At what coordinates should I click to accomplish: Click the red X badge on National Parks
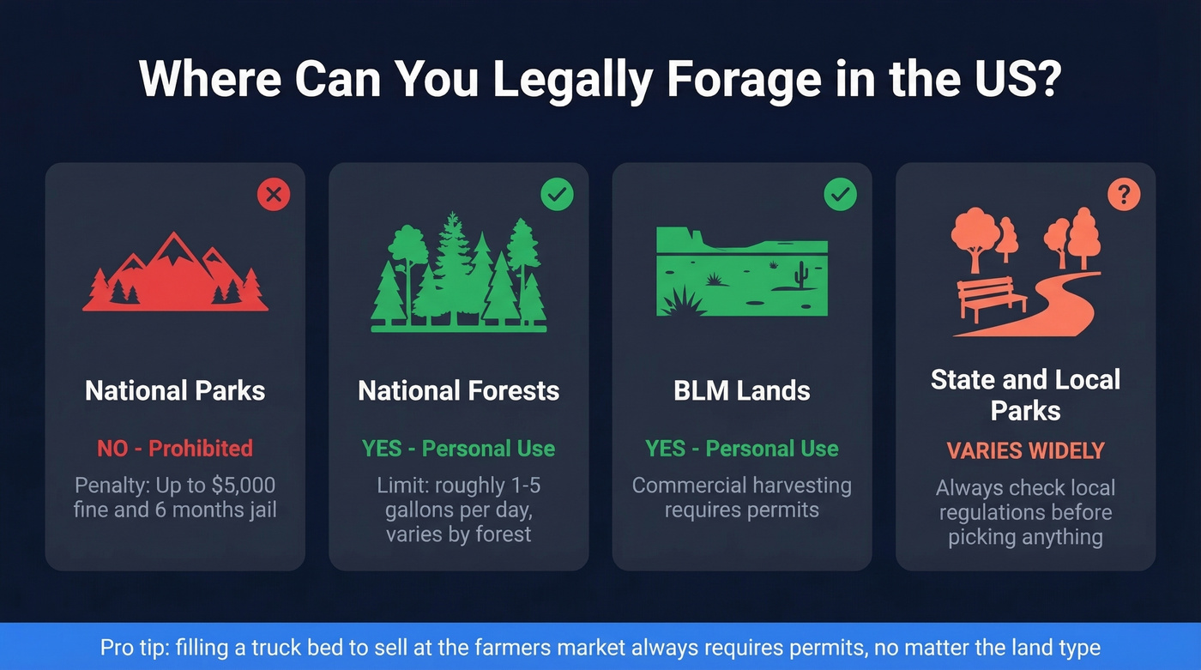coord(274,195)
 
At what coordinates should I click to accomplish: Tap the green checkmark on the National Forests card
coord(557,195)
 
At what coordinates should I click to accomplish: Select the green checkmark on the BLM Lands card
coord(840,195)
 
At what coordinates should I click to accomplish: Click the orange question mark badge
coord(1123,195)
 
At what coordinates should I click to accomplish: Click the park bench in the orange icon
coord(991,296)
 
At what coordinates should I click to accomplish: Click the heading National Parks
coord(175,391)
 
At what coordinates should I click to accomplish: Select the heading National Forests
coord(458,391)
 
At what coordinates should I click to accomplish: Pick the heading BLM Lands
coord(742,391)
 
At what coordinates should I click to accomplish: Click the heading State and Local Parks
coord(1025,395)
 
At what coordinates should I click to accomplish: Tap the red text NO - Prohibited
coord(175,448)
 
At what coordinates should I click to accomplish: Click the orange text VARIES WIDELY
coord(1025,450)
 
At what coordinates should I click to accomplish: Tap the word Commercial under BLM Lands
coord(687,486)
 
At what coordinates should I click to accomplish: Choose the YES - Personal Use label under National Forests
coord(458,448)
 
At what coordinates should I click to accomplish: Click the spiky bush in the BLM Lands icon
coord(683,302)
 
